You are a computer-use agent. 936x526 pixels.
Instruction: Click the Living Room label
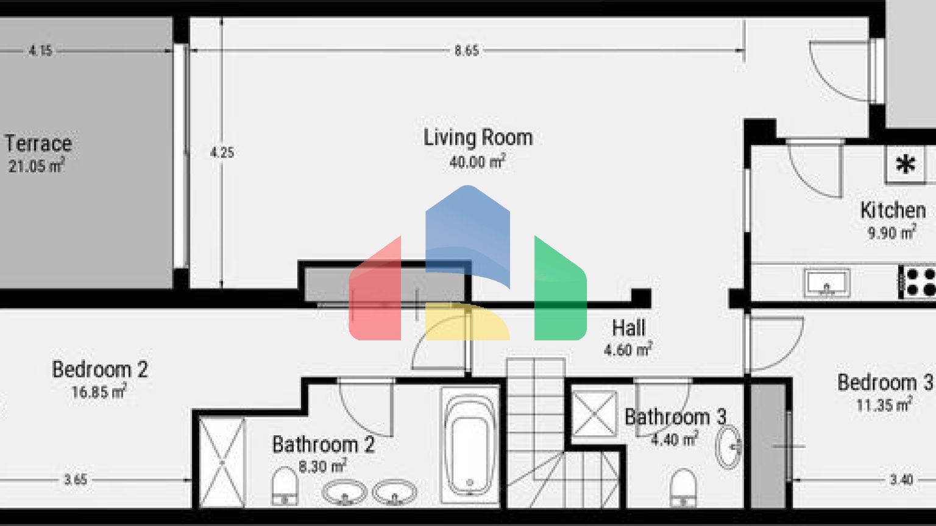tap(478, 138)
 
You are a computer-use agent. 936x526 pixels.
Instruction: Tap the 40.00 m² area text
tap(478, 161)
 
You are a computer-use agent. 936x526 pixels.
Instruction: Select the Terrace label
tap(38, 144)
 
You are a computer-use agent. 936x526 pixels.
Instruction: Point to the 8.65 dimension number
tap(466, 51)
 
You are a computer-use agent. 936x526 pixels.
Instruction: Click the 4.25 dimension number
tap(222, 152)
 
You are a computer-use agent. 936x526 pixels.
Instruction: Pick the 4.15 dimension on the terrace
tap(41, 51)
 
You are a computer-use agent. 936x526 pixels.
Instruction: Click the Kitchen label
tap(893, 211)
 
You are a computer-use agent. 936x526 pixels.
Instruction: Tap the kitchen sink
tap(827, 282)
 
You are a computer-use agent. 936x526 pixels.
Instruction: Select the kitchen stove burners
tap(918, 282)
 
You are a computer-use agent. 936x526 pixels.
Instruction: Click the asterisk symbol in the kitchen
tap(906, 164)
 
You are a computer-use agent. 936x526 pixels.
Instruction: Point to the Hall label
tap(629, 328)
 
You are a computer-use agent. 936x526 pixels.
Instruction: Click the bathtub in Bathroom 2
tap(470, 446)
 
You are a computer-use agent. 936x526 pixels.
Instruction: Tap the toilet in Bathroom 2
tap(285, 487)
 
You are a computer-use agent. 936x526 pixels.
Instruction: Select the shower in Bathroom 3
tap(594, 414)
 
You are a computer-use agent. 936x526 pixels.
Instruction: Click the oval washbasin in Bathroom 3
tap(728, 447)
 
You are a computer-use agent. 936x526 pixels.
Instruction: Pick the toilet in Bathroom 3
tap(682, 488)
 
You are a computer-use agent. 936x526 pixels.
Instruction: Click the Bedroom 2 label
tap(100, 370)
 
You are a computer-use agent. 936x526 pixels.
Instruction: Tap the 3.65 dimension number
tap(76, 480)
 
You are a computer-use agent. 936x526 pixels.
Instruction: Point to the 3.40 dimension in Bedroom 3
tap(901, 480)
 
